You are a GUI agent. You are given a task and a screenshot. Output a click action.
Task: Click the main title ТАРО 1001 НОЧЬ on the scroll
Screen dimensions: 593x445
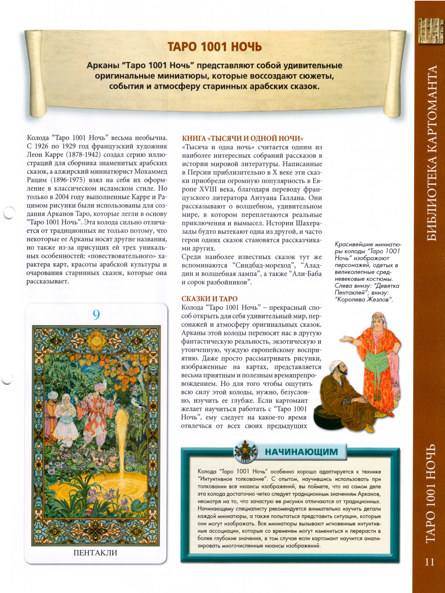215,47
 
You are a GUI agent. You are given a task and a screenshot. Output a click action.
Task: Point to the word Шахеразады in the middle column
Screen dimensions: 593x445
308,223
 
